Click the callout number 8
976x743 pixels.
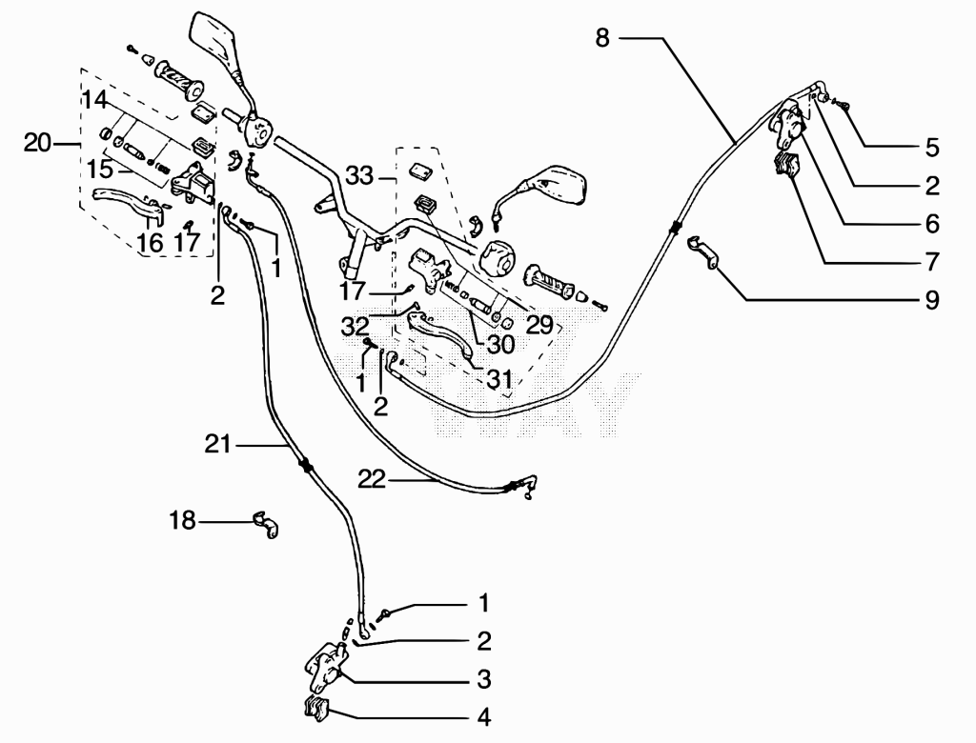[602, 38]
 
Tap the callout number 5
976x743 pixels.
[932, 148]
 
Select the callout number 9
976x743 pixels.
[932, 300]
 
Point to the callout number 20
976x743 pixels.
[37, 143]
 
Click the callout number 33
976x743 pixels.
[359, 176]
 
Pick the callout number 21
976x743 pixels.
[218, 444]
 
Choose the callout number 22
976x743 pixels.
[372, 480]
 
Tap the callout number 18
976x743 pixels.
[182, 520]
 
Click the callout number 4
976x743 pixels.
[483, 717]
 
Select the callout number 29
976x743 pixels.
[539, 324]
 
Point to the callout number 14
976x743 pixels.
[95, 100]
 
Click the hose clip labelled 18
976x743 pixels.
[267, 525]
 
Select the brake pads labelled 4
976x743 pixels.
[317, 709]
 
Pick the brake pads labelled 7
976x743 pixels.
[785, 165]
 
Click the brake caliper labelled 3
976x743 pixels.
[325, 669]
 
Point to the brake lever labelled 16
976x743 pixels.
[128, 202]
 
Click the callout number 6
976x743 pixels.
[932, 224]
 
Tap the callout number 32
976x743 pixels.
[355, 326]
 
